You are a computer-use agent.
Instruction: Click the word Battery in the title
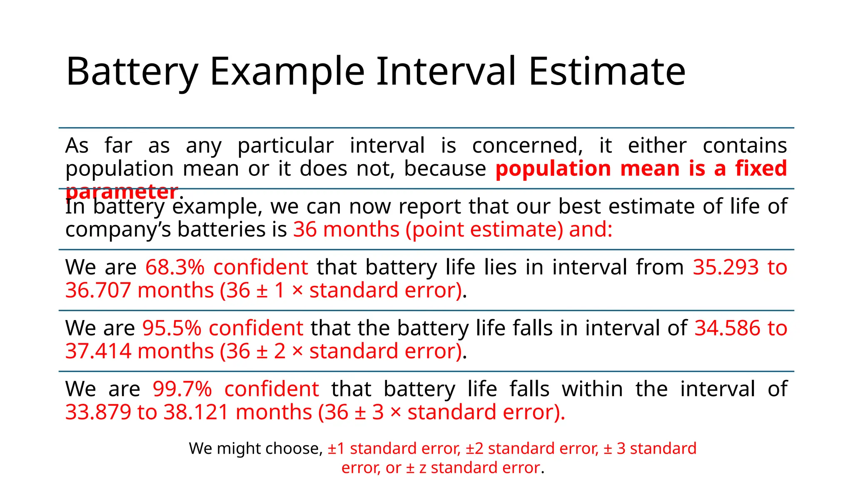tap(132, 72)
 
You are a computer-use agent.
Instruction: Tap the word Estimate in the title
tap(606, 72)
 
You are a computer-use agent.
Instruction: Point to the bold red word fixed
tap(761, 169)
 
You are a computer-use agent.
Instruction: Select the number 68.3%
tap(175, 267)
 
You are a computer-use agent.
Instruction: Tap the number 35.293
tap(726, 267)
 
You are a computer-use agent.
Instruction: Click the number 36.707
tap(98, 290)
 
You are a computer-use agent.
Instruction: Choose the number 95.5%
tap(172, 328)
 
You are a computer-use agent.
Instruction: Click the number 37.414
tap(98, 351)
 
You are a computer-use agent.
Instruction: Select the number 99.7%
tap(182, 389)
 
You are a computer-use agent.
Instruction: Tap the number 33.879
tap(98, 412)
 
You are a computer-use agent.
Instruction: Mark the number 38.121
tap(196, 412)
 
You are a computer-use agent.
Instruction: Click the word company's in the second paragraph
tap(118, 230)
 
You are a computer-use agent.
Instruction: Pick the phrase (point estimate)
tap(484, 230)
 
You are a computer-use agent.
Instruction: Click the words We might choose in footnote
tap(255, 449)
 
